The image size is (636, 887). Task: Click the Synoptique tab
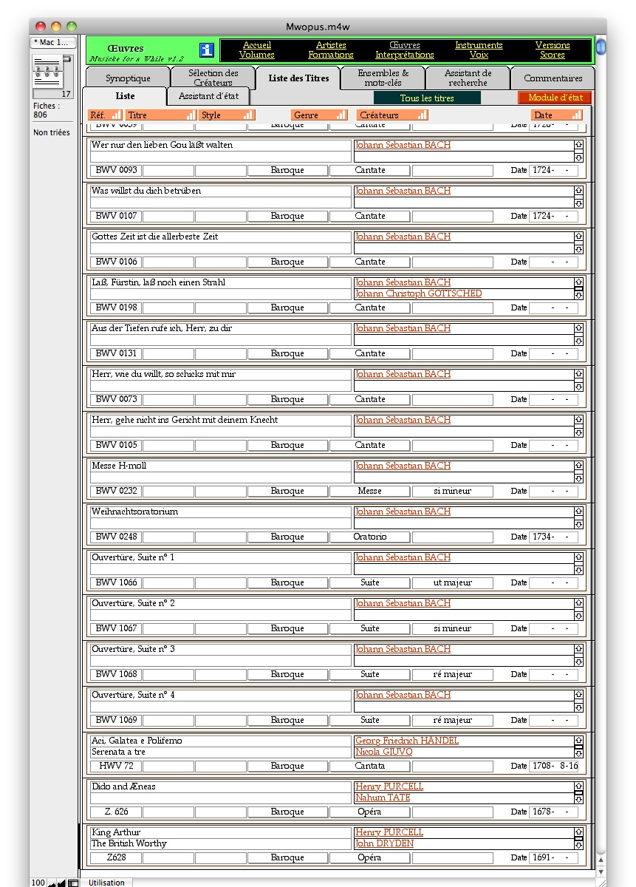(x=128, y=78)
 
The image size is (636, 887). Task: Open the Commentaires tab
(x=553, y=78)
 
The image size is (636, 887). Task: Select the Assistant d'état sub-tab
(x=208, y=96)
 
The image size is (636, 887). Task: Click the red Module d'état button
(x=555, y=98)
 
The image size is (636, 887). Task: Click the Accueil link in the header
(x=257, y=45)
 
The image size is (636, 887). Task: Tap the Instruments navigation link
(x=479, y=45)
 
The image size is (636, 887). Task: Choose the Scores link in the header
(x=553, y=55)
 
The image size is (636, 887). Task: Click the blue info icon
(x=207, y=50)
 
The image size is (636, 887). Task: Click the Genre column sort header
(x=319, y=115)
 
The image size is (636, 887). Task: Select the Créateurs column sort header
(x=392, y=115)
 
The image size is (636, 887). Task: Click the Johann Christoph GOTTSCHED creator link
(x=418, y=293)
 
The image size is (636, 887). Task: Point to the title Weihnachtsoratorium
(x=134, y=512)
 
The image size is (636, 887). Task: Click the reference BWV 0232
(x=116, y=491)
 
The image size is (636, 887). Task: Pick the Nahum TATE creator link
(x=383, y=798)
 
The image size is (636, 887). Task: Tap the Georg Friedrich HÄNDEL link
(x=406, y=741)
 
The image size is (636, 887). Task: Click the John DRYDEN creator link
(x=384, y=843)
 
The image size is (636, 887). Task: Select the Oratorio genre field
(x=369, y=537)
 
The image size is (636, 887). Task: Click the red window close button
(x=41, y=27)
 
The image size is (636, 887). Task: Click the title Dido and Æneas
(x=123, y=786)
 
